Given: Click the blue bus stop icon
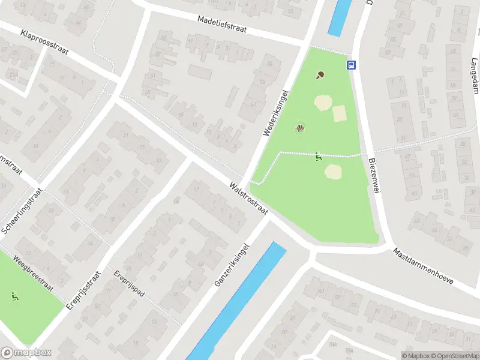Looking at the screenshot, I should [x=351, y=65].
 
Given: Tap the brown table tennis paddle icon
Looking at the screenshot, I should [x=320, y=76].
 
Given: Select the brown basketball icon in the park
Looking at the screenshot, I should [x=300, y=127].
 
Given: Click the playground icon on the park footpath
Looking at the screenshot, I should [x=318, y=157].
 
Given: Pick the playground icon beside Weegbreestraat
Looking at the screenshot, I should [x=14, y=296].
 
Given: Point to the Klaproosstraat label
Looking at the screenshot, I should [x=44, y=42].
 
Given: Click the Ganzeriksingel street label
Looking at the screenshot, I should [x=232, y=265].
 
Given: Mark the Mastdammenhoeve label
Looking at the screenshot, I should [x=424, y=266].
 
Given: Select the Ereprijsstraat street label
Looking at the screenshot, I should [x=83, y=290].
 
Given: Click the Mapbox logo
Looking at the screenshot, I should [x=26, y=353].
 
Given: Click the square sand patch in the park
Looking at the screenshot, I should [x=339, y=113].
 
